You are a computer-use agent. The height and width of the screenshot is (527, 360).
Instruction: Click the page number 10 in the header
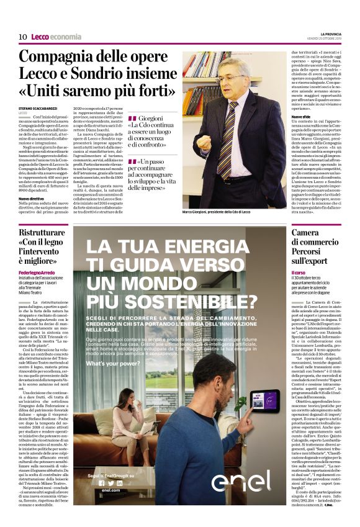tap(22, 37)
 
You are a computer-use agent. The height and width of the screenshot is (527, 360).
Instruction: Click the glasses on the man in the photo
tap(230, 78)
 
